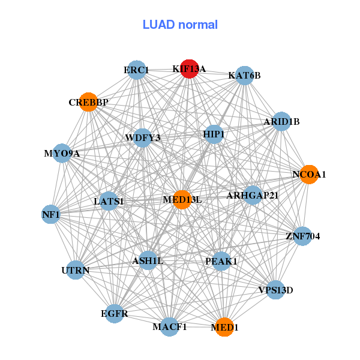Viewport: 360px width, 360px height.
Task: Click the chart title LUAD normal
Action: pyautogui.click(x=180, y=25)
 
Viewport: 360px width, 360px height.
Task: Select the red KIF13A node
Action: pyautogui.click(x=190, y=69)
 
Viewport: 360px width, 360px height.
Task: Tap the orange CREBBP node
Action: pyautogui.click(x=88, y=102)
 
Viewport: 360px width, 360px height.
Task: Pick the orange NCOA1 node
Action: pyautogui.click(x=308, y=175)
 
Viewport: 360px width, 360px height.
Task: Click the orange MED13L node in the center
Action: pyautogui.click(x=182, y=199)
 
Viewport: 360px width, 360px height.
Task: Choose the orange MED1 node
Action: pyautogui.click(x=224, y=327)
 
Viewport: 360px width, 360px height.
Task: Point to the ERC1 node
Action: pyautogui.click(x=137, y=70)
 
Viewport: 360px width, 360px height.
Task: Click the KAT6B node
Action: pyautogui.click(x=244, y=76)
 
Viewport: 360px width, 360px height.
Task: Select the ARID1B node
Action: pyautogui.click(x=281, y=122)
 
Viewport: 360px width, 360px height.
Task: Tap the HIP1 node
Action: pyautogui.click(x=214, y=134)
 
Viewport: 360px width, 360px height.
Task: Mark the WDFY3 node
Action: pyautogui.click(x=143, y=138)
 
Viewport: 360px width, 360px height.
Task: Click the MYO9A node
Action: pyautogui.click(x=62, y=153)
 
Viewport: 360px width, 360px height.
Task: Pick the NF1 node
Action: pyautogui.click(x=51, y=214)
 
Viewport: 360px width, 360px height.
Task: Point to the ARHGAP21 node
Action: pyautogui.click(x=253, y=195)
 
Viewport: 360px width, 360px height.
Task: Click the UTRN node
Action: pyautogui.click(x=76, y=270)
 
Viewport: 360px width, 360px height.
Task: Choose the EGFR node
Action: pyautogui.click(x=114, y=313)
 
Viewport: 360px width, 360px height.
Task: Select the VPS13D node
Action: pyautogui.click(x=275, y=290)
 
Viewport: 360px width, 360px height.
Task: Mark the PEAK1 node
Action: pyautogui.click(x=221, y=261)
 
